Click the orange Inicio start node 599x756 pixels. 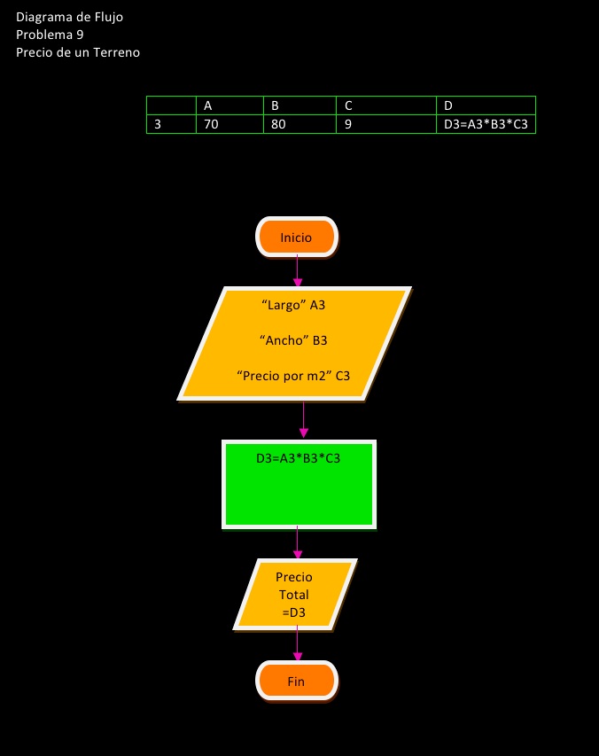296,238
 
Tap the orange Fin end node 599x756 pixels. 296,682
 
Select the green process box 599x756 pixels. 298,484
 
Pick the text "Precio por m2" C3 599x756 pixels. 293,376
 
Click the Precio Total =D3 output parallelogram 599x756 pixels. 294,594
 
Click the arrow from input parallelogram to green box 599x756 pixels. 303,419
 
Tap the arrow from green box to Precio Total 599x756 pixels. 297,542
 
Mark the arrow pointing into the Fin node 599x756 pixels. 297,645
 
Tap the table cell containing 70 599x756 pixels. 229,124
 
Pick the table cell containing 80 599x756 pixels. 299,124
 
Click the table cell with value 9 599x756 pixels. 386,124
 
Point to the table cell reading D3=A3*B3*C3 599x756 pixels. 486,124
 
